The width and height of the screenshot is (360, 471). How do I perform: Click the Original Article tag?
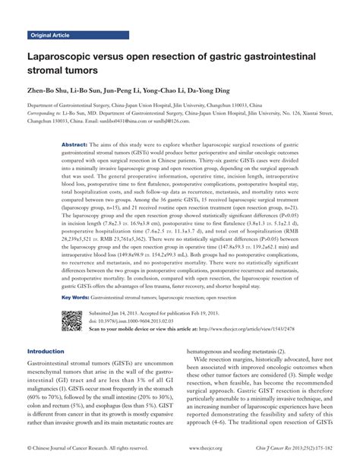50,36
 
